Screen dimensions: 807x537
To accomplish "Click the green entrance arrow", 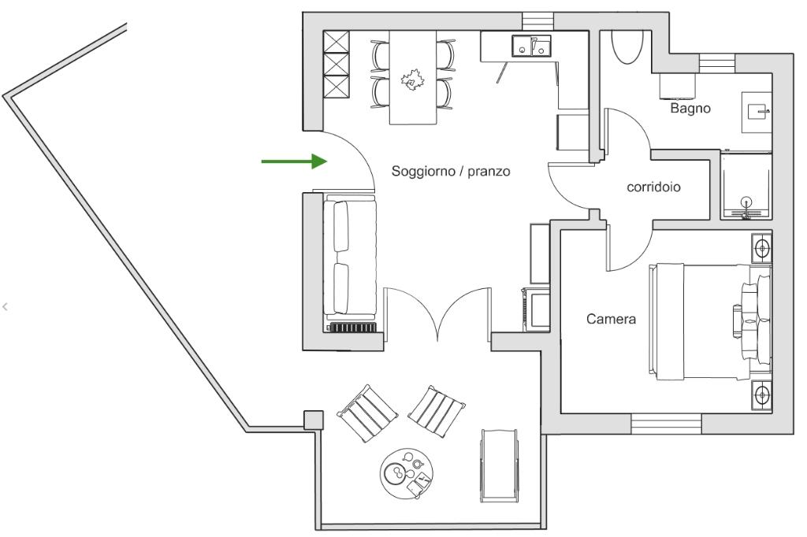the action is click(x=294, y=161).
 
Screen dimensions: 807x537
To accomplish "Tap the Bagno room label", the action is click(x=690, y=108).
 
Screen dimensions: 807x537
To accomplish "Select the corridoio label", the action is click(x=653, y=187).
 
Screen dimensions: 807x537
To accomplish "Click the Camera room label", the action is click(x=611, y=319).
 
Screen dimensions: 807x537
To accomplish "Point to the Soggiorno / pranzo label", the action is click(x=451, y=171).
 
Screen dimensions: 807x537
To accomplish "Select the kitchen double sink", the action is click(x=531, y=45).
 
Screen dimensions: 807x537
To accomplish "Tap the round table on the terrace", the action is click(x=407, y=473).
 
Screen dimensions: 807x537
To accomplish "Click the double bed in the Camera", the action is click(x=710, y=322).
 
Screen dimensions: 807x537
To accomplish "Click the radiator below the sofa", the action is click(x=352, y=327).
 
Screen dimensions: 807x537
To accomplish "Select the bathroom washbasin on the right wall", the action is click(x=757, y=113).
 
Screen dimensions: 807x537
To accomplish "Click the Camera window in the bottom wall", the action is click(x=666, y=424).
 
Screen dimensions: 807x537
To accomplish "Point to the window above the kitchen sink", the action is click(x=538, y=21).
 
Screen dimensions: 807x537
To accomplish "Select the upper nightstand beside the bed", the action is click(x=761, y=249).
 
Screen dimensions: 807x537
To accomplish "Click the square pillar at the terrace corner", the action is click(x=313, y=420).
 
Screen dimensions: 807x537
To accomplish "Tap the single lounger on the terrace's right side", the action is click(x=499, y=465).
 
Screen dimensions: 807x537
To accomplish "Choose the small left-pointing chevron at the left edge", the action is click(x=6, y=307).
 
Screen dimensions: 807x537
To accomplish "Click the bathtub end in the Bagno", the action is click(x=627, y=46).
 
